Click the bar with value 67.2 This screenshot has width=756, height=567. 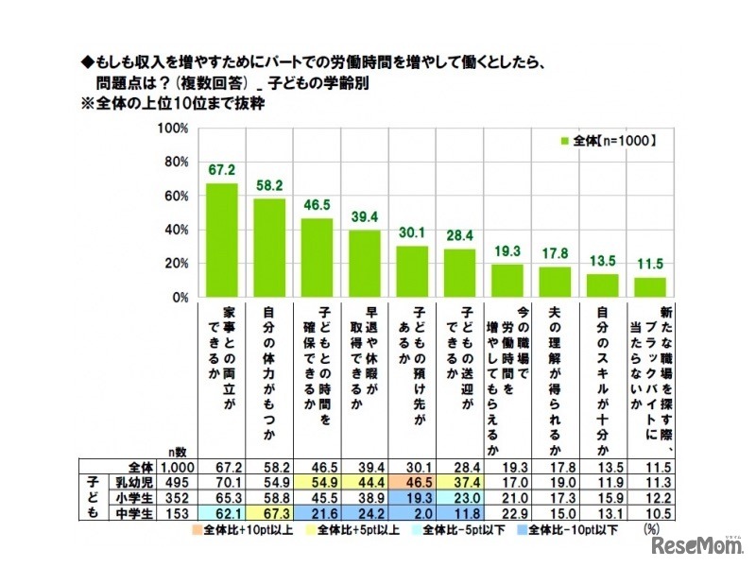[222, 240]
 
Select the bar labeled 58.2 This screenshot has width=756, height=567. [270, 248]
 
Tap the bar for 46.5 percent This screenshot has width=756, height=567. [318, 258]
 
